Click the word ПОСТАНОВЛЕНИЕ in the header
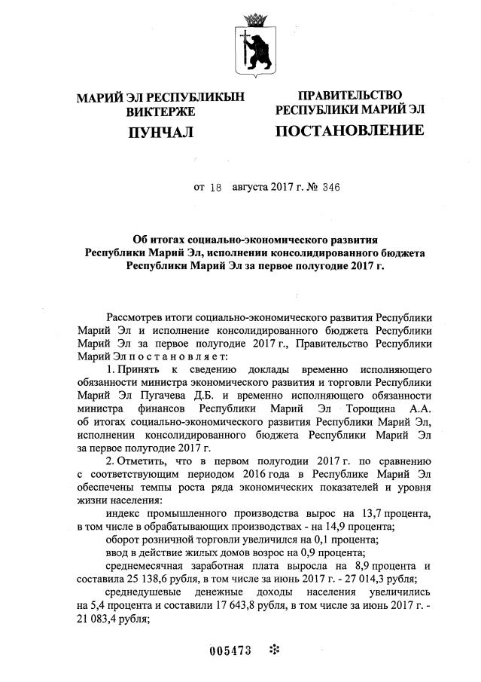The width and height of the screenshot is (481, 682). point(349,131)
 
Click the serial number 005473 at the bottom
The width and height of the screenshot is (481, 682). point(230,649)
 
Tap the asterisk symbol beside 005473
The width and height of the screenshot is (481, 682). point(274,649)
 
